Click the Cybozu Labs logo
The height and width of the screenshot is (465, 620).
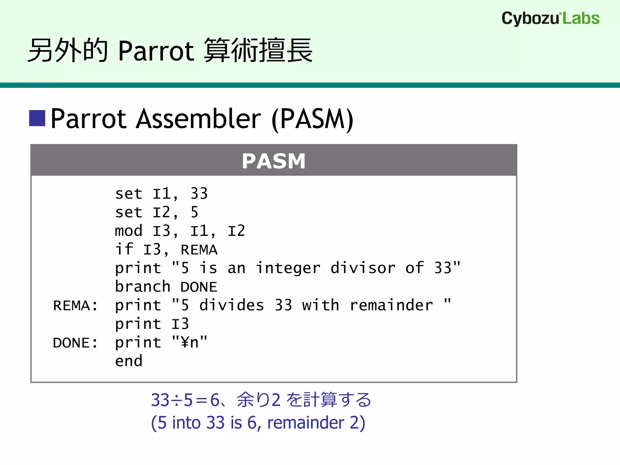pos(550,18)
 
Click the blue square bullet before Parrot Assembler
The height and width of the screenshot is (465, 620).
pos(37,118)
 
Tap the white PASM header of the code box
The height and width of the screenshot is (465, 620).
pos(274,161)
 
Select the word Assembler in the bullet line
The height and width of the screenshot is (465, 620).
pos(198,119)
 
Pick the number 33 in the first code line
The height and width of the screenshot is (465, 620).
pos(199,194)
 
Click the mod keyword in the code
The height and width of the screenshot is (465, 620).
pos(128,231)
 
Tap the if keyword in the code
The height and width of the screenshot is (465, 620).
pos(124,249)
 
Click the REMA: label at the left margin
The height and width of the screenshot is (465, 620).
pos(75,305)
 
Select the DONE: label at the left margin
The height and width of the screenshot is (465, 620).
pos(75,343)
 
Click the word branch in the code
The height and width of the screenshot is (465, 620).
pos(143,287)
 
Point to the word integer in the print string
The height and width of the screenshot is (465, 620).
pos(288,268)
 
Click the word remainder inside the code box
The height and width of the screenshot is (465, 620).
pos(391,305)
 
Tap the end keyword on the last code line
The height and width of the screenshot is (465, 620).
pos(129,361)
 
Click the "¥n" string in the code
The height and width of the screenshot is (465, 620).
pos(190,342)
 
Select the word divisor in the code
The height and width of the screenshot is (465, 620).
pos(363,268)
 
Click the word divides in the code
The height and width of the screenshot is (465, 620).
pos(232,305)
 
